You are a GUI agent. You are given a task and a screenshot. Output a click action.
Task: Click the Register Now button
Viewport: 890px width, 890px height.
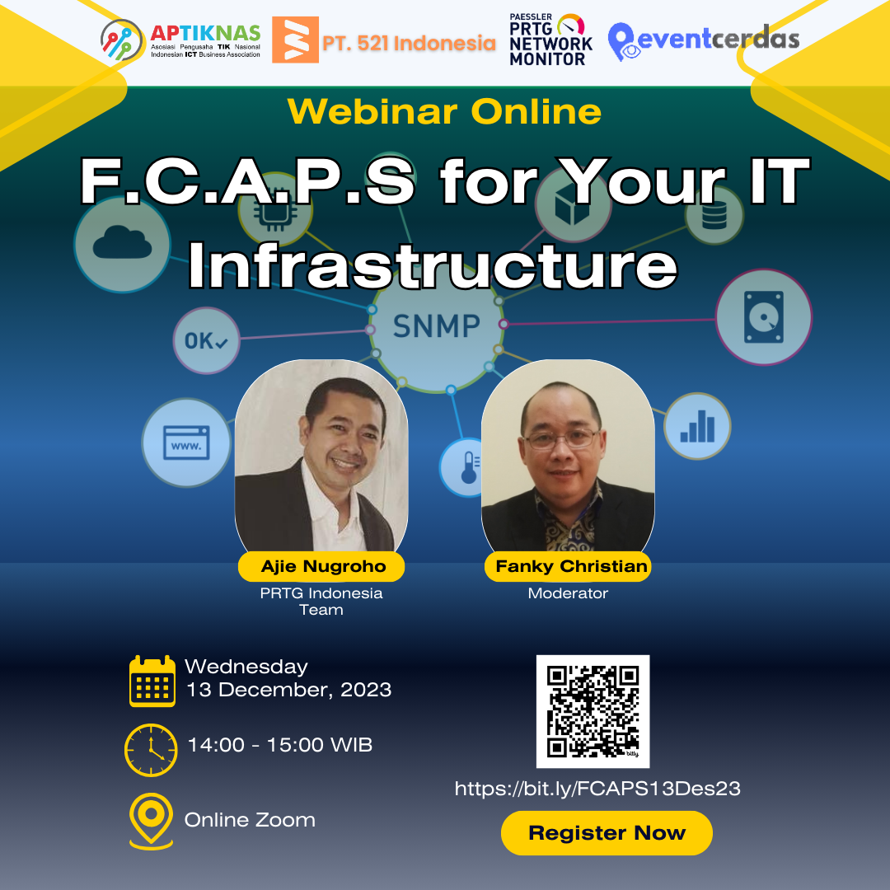tap(607, 832)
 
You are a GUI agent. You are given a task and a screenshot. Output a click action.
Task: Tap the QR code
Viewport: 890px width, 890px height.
tap(593, 710)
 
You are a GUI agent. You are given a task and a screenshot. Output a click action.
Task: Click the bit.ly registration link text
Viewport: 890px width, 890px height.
tap(597, 789)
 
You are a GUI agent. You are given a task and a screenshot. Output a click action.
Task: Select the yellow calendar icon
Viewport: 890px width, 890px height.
tap(152, 682)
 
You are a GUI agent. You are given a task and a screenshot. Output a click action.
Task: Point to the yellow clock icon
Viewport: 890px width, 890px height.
tap(151, 750)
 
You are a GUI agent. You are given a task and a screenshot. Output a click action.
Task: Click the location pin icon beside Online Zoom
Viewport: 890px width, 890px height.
tap(151, 820)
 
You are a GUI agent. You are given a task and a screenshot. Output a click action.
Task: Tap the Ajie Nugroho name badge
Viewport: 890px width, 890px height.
tap(321, 566)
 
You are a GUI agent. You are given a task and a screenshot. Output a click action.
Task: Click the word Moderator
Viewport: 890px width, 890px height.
tap(568, 593)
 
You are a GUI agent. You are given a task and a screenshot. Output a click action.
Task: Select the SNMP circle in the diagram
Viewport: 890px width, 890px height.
tap(436, 326)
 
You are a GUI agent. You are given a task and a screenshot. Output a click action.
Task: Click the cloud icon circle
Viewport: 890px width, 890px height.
tap(122, 243)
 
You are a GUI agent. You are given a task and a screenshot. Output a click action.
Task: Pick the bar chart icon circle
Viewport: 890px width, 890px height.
tap(697, 426)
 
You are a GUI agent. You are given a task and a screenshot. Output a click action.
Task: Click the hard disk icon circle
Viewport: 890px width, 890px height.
tap(764, 317)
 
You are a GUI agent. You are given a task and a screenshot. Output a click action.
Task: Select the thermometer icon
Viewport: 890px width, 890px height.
tap(467, 467)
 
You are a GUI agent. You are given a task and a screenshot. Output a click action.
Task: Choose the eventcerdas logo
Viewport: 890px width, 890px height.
tap(703, 40)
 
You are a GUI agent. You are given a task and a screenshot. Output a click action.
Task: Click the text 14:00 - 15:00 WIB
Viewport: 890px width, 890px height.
tap(280, 745)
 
